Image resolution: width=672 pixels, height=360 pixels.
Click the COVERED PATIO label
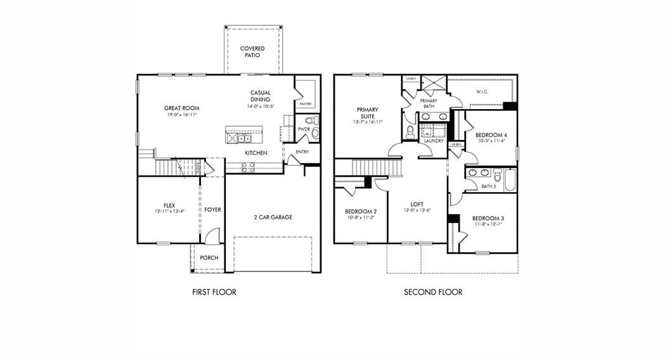coord(252,52)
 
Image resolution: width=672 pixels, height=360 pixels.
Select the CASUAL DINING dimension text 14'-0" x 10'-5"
coord(261,107)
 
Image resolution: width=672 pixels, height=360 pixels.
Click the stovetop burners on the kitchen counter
coord(248,166)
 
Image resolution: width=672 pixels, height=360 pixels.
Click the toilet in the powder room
coord(311,120)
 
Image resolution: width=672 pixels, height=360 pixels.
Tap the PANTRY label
coord(306,103)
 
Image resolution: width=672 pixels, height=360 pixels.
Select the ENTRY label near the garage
coord(302,152)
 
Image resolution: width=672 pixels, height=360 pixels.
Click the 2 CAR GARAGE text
coord(273,217)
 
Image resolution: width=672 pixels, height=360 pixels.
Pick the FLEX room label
coord(169,205)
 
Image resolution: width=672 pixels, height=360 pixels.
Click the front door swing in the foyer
coord(213,236)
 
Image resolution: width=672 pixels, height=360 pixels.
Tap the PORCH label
coord(209,258)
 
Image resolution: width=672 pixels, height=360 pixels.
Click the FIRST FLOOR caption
coord(214,292)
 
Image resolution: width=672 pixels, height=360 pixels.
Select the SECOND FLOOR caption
coord(433,292)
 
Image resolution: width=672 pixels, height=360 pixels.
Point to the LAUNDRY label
coord(434,141)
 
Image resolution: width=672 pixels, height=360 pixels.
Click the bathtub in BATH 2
coord(509,179)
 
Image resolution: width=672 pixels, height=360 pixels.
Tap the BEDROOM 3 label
coord(488,219)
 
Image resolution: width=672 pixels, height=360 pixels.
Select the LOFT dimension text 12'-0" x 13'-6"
coord(417,210)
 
